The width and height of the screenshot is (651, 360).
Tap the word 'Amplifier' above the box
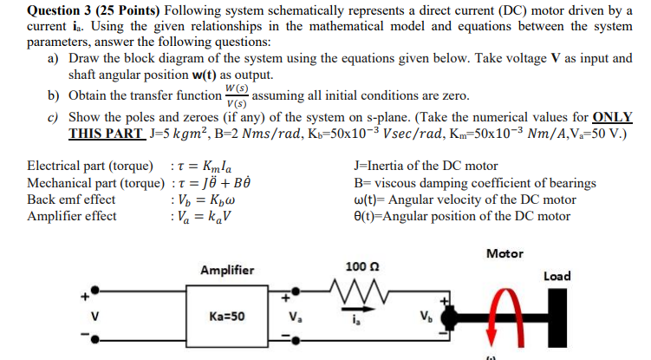227,270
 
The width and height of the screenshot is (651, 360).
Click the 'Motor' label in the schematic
505,253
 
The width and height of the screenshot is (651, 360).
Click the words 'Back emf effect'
71,199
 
